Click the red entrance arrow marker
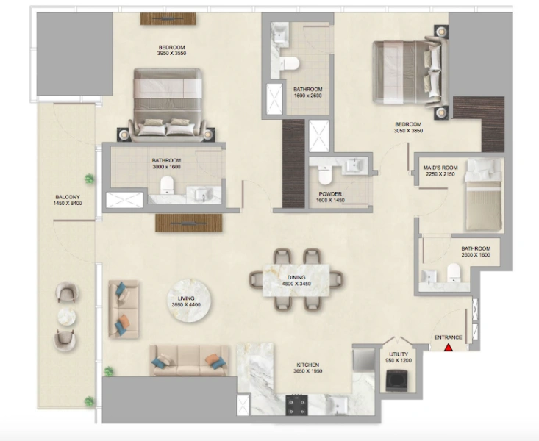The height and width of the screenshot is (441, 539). [448, 346]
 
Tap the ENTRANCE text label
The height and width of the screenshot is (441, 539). [448, 337]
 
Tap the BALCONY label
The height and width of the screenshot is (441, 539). [68, 197]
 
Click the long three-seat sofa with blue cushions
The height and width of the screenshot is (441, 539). [187, 359]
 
